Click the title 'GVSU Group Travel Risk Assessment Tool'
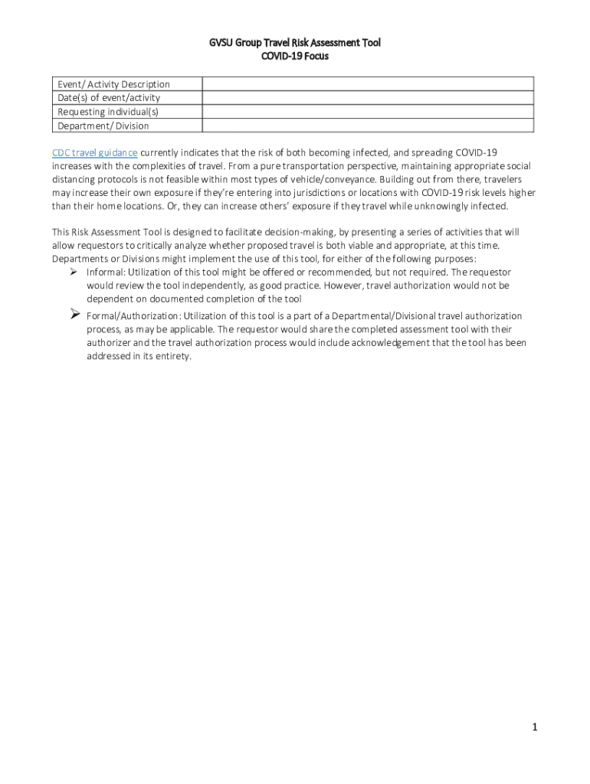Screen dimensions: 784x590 (295, 43)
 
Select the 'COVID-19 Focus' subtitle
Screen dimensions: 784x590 (295, 56)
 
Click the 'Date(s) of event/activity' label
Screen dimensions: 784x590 (109, 98)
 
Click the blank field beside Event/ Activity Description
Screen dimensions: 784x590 (368, 84)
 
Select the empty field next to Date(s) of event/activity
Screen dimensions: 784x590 (368, 98)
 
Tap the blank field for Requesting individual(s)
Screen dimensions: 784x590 (368, 112)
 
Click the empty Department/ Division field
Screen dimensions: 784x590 (368, 126)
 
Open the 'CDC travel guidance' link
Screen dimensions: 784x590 (94, 152)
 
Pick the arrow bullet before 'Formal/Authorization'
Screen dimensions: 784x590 (75, 314)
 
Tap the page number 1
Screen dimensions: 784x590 (535, 727)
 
